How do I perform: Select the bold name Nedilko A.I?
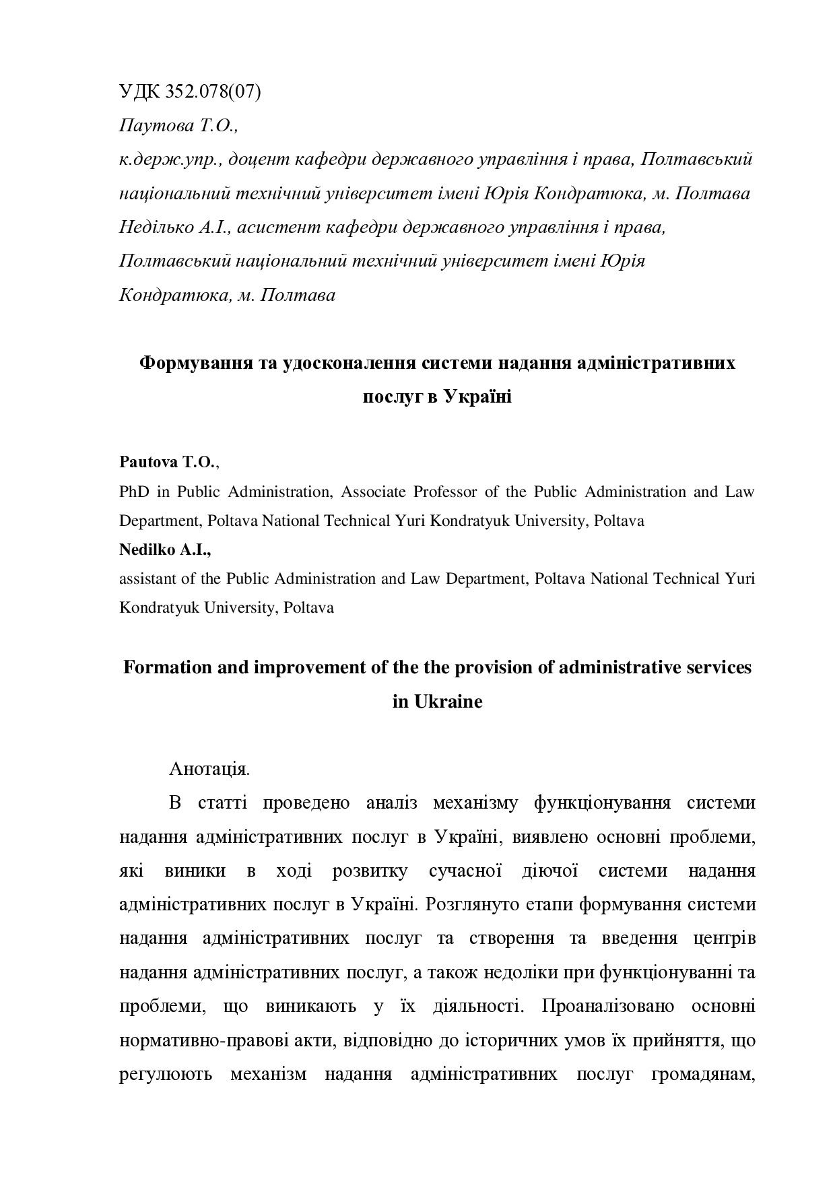pyautogui.click(x=164, y=549)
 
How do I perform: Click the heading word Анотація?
pyautogui.click(x=209, y=769)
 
